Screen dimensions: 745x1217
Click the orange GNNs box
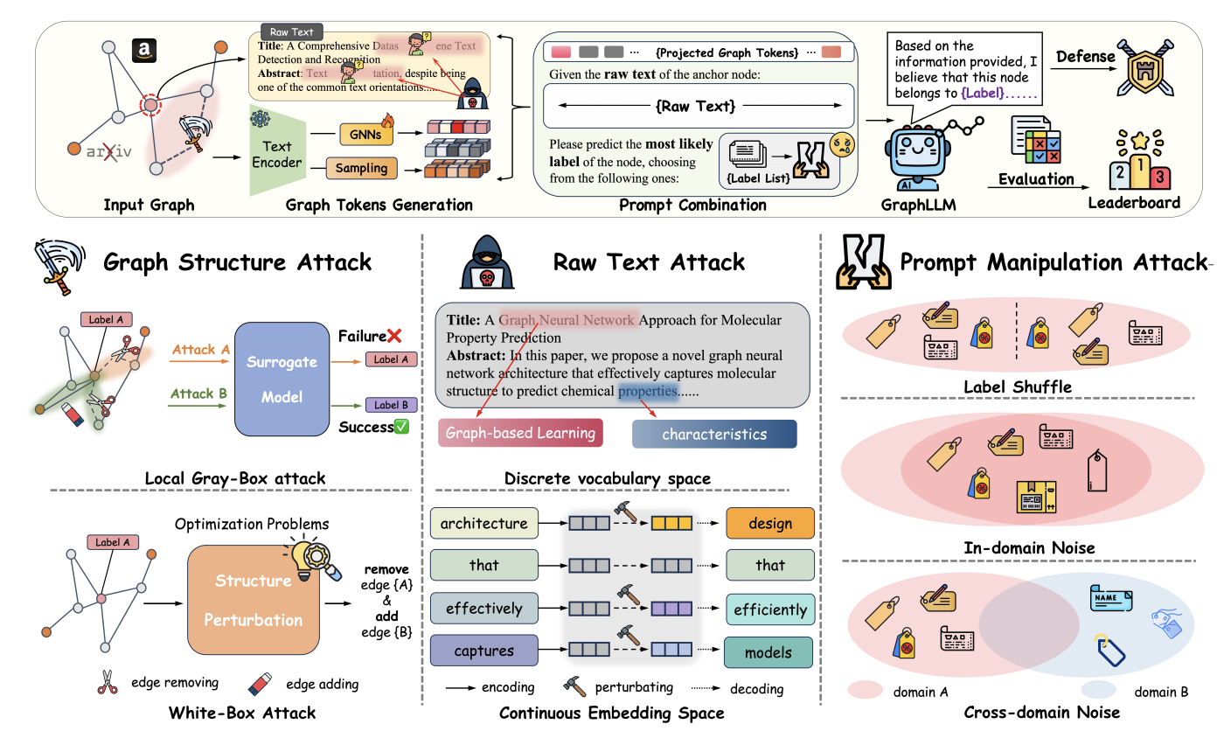365,135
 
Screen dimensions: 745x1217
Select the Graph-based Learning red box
520,433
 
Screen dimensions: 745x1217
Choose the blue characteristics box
713,434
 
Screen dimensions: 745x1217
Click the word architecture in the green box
483,524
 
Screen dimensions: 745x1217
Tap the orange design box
769,524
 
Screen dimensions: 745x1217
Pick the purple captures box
483,651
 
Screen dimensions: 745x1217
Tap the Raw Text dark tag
291,32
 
